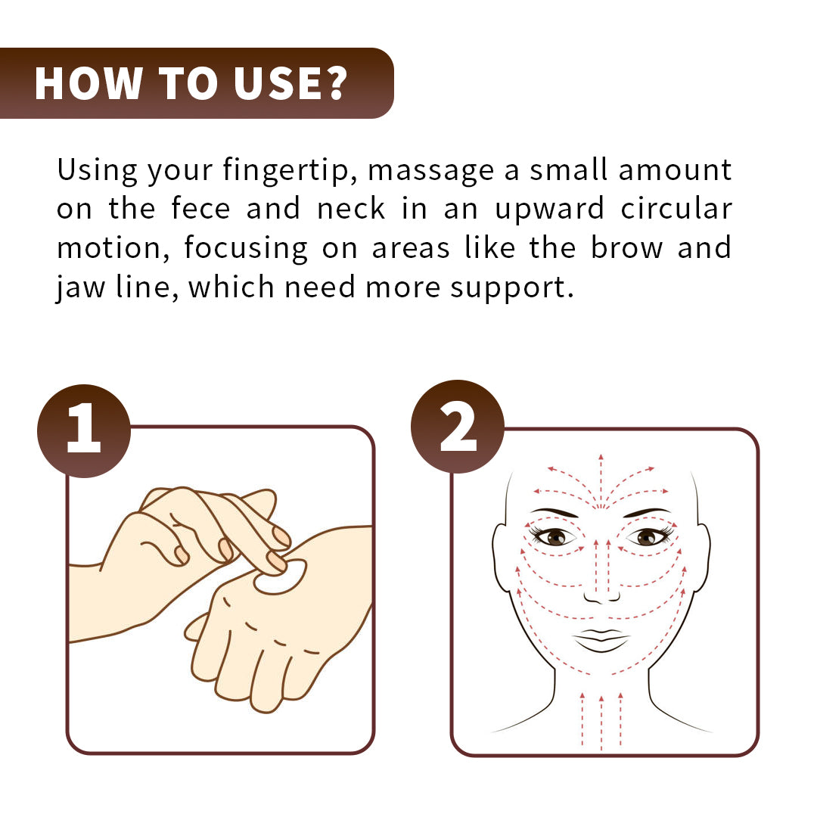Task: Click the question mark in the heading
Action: click(334, 83)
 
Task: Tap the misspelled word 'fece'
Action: click(200, 210)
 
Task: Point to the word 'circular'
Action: click(676, 210)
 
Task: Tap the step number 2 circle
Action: click(457, 427)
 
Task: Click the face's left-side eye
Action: click(556, 536)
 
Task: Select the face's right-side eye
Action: click(645, 536)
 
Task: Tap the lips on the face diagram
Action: click(601, 639)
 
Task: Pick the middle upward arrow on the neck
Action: click(601, 719)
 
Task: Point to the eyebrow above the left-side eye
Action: click(554, 512)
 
